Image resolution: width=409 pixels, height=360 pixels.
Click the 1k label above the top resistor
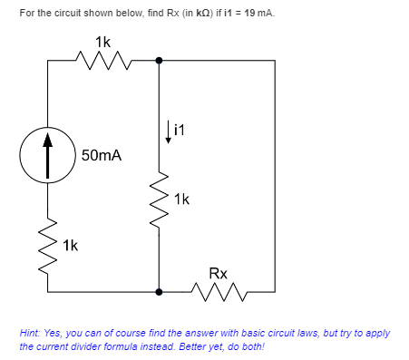(x=102, y=41)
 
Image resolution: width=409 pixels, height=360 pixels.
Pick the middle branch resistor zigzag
(x=160, y=198)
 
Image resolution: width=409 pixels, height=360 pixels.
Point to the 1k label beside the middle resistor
(x=182, y=198)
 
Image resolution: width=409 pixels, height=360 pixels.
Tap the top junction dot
(x=160, y=61)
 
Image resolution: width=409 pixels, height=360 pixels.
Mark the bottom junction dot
(x=160, y=292)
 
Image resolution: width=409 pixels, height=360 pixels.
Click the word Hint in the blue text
(x=29, y=333)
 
